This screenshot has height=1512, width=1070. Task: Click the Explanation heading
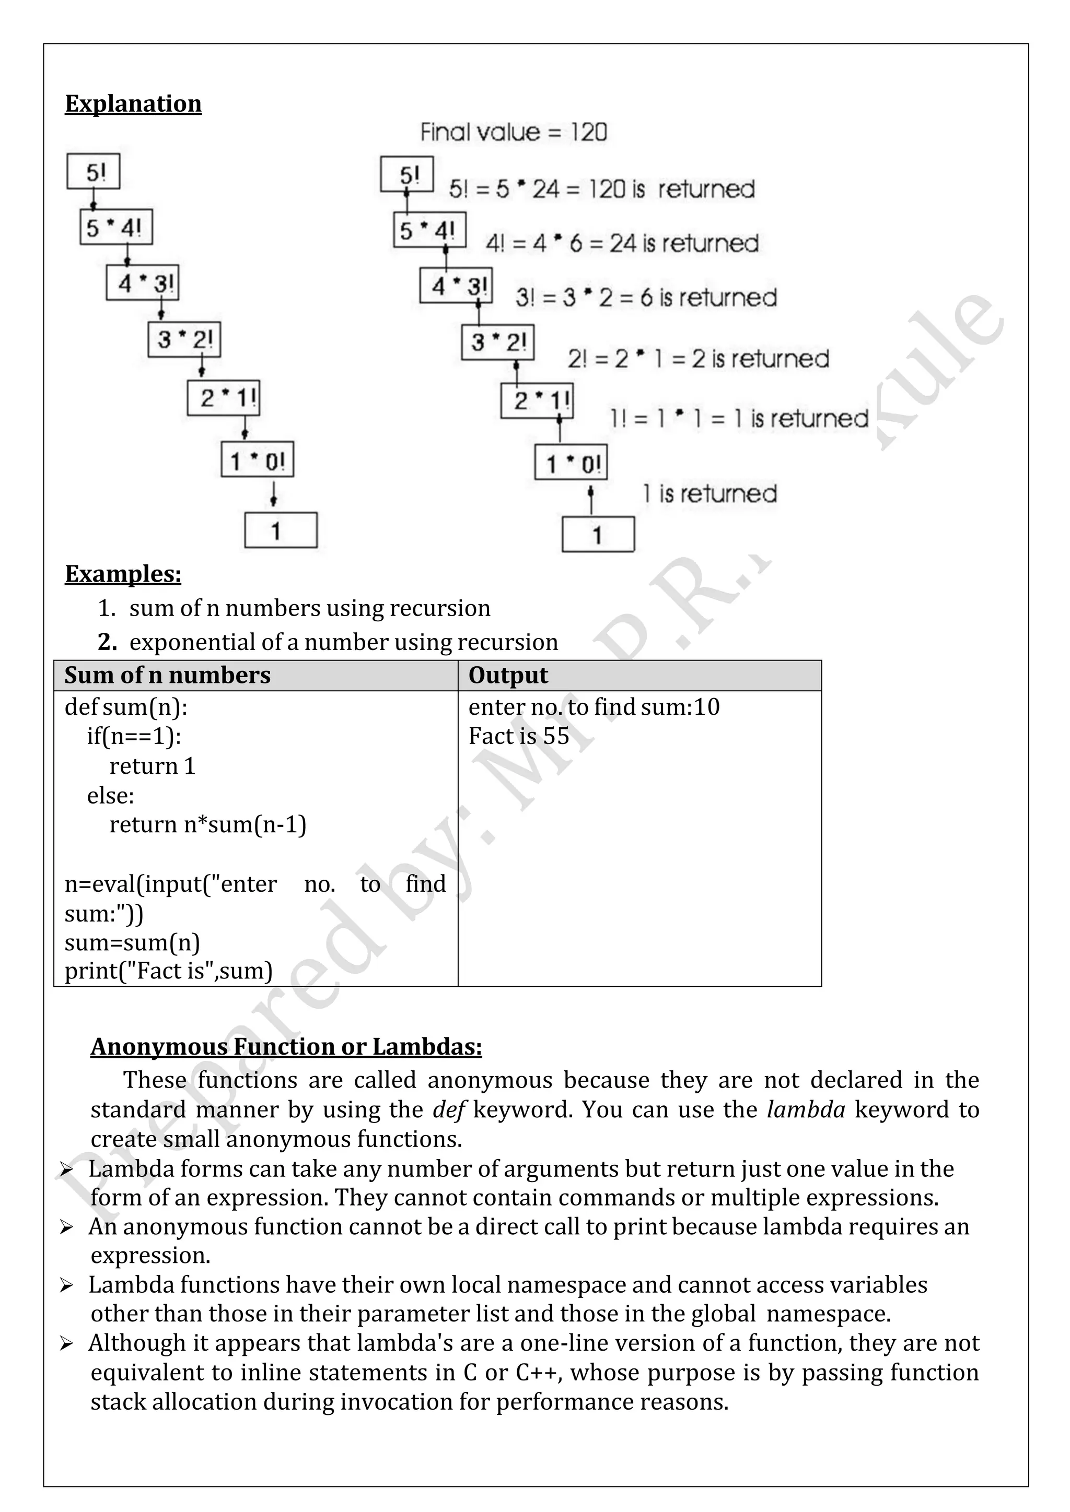click(133, 103)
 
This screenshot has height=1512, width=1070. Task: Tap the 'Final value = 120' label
click(513, 133)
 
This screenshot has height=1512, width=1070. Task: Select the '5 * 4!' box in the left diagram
click(116, 228)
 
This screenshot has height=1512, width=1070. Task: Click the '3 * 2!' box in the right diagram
click(497, 342)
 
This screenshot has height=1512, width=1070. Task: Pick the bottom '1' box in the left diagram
click(281, 530)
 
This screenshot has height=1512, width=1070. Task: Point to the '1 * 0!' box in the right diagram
click(571, 463)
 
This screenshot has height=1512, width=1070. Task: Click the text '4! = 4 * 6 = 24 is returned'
click(622, 244)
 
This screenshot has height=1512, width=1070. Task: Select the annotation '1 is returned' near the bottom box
click(710, 493)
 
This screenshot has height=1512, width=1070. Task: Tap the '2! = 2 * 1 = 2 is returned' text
click(697, 359)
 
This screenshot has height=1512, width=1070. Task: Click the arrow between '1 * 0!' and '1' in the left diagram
click(273, 494)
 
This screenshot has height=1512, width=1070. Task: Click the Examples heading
click(123, 574)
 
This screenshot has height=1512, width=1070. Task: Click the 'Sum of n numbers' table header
click(167, 676)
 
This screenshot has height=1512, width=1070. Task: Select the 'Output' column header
click(508, 676)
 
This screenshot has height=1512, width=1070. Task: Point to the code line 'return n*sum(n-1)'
click(207, 824)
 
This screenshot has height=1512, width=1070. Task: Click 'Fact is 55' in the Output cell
click(518, 736)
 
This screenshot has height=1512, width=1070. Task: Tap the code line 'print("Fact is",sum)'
click(168, 971)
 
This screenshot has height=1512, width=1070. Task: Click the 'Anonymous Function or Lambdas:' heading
click(286, 1046)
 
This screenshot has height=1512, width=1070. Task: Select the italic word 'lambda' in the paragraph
click(805, 1109)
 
